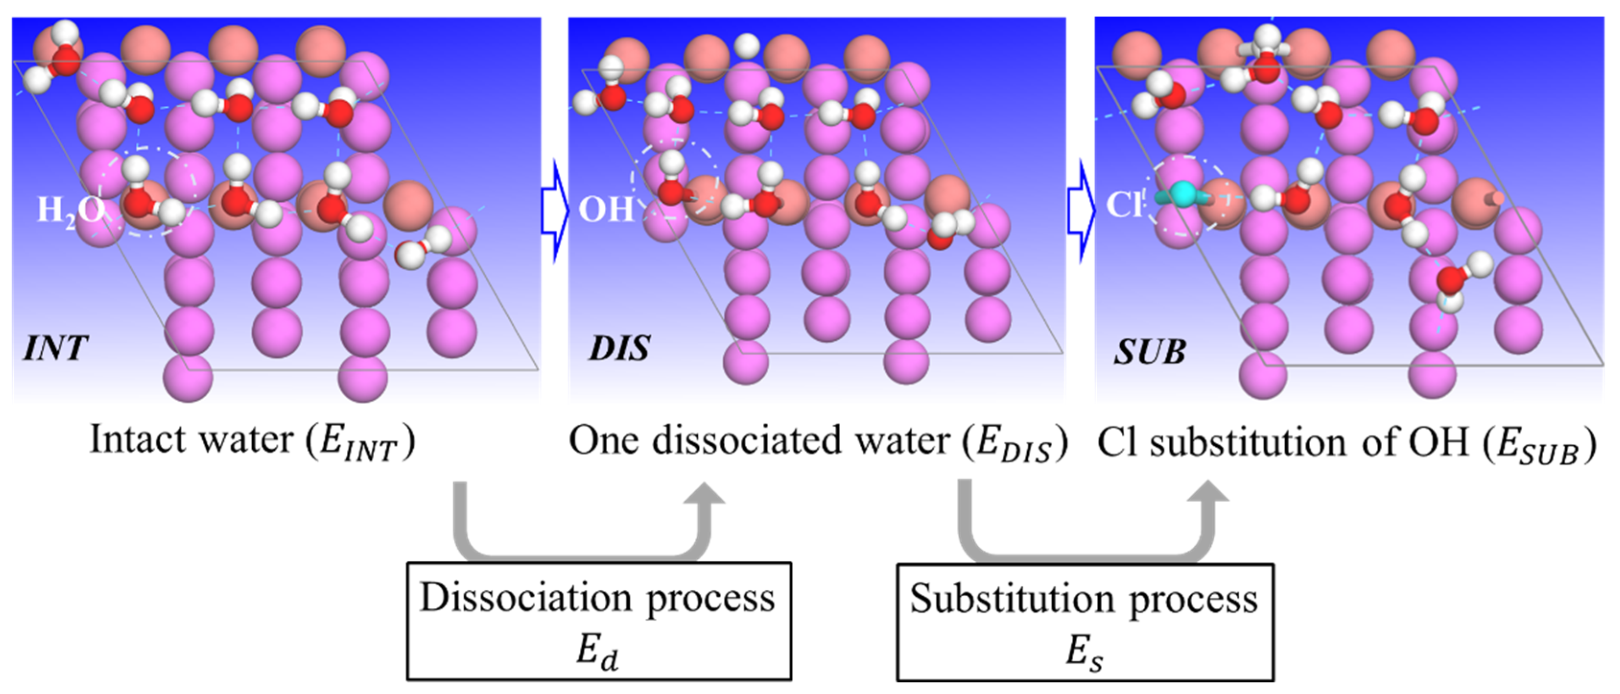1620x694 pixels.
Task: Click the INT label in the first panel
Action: coord(55,347)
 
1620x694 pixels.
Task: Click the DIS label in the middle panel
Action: coord(619,347)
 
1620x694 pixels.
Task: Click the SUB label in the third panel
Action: coord(1150,352)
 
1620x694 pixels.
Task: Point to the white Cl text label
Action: coord(1124,204)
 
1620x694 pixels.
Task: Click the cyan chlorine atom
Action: coord(1184,194)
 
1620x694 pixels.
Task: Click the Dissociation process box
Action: coord(598,621)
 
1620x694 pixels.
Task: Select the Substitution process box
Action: coord(1085,622)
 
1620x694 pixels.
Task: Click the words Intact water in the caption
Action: coord(192,440)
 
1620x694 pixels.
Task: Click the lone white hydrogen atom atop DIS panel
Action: coord(747,45)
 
